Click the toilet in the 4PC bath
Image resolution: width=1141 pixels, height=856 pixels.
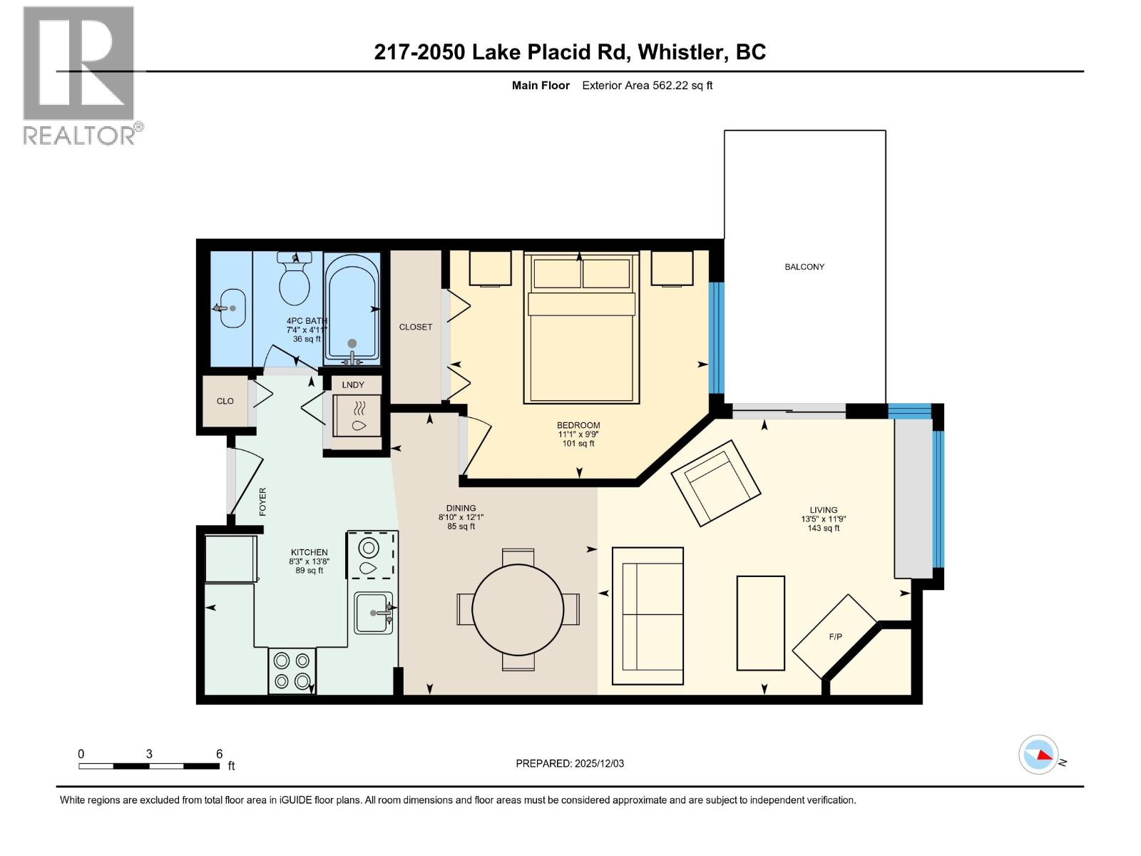point(295,278)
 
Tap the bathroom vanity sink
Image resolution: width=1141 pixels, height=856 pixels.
point(232,308)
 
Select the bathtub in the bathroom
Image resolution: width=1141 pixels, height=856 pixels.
point(352,310)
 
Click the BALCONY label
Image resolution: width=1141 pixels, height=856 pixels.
point(804,267)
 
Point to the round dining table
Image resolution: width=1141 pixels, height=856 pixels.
point(518,610)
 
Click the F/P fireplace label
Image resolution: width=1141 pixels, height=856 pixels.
point(835,637)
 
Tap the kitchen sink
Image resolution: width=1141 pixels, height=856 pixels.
point(373,613)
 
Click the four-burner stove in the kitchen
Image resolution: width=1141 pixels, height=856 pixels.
point(292,671)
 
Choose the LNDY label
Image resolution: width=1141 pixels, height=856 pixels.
point(353,384)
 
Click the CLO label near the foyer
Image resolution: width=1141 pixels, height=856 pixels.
point(225,401)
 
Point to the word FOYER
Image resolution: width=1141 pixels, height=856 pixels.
point(262,501)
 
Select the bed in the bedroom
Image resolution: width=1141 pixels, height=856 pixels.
point(581,328)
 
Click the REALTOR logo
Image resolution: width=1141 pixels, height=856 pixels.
point(82,76)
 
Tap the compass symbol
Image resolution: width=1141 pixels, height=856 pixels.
point(1038,755)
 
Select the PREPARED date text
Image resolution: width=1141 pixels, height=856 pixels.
point(570,763)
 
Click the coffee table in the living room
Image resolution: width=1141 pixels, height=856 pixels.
point(760,623)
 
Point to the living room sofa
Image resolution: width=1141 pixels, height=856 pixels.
point(648,616)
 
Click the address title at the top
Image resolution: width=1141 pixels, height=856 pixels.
point(570,52)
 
